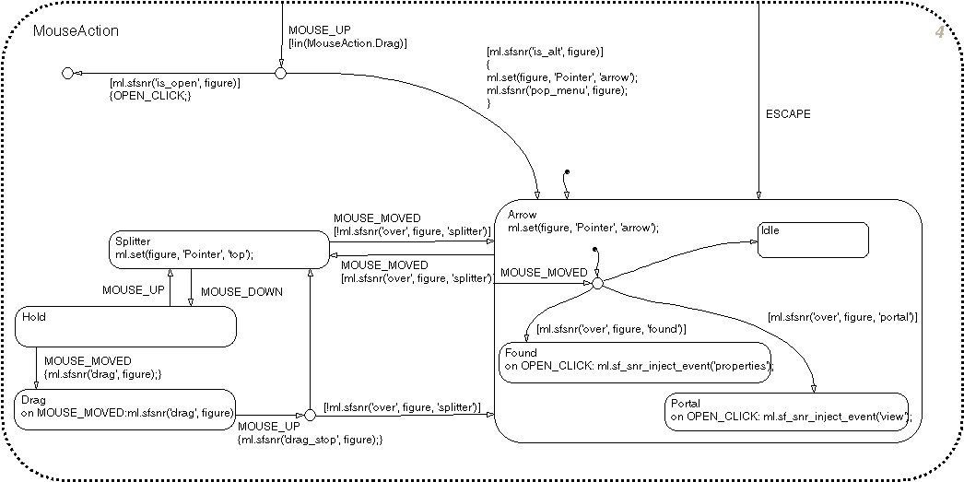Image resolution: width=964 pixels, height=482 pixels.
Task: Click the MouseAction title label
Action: coord(76,31)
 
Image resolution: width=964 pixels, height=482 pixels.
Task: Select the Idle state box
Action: coord(814,240)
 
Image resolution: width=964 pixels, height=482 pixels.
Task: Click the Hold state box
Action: coord(125,327)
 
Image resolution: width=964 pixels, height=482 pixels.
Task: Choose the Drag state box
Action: coord(124,407)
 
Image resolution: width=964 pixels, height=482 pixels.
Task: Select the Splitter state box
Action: coord(217,249)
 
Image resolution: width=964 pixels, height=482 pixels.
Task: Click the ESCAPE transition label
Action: coord(789,115)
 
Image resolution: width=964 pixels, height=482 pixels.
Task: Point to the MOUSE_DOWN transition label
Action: coord(241,291)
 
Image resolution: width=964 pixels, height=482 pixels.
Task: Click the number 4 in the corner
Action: coord(939,33)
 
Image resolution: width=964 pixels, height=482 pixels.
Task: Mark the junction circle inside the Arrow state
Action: coord(596,284)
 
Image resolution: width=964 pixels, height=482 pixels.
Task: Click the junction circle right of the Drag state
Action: coord(309,417)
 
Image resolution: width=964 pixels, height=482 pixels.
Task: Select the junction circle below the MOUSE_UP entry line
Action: coord(280,72)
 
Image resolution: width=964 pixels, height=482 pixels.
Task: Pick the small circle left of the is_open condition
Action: coord(67,73)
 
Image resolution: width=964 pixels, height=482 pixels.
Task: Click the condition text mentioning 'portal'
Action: coord(842,317)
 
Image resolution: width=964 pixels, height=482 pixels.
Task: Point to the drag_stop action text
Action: coord(309,441)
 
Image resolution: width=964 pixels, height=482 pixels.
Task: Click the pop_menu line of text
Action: coord(557,90)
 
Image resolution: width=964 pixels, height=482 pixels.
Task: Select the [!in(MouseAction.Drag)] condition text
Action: coord(347,43)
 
